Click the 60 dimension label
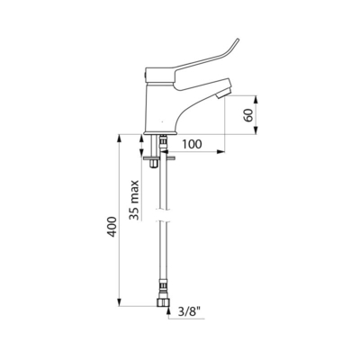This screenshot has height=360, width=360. (x=248, y=114)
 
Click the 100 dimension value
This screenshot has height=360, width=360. (x=192, y=144)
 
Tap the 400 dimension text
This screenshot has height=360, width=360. (x=112, y=226)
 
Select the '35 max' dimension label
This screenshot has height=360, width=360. (x=134, y=200)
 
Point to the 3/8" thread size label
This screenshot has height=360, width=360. (x=191, y=312)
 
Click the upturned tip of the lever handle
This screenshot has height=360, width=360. (x=238, y=40)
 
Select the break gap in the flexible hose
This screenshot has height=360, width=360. (x=164, y=214)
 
